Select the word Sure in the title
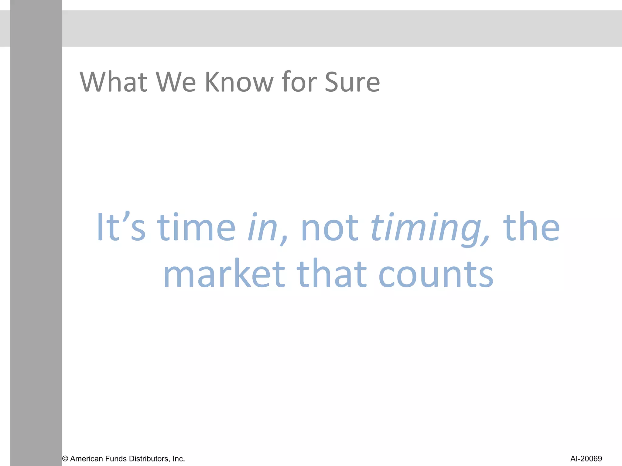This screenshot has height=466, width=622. [x=352, y=82]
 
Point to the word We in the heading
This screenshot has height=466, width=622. [x=176, y=82]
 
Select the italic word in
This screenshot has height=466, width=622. [x=263, y=228]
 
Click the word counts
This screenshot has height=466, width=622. [x=436, y=274]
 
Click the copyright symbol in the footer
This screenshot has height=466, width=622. [x=65, y=459]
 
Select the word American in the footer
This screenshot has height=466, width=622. [x=86, y=459]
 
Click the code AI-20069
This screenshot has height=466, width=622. [x=586, y=459]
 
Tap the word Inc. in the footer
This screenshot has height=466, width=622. [x=179, y=459]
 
